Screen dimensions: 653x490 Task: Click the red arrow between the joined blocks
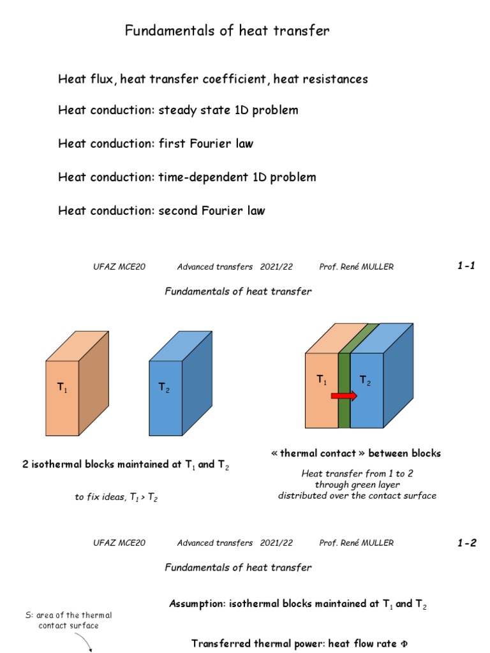[344, 396]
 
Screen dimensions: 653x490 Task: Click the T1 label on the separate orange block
[63, 388]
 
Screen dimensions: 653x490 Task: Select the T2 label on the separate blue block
[165, 388]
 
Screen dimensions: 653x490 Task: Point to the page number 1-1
[466, 267]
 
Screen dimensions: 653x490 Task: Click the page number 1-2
[466, 543]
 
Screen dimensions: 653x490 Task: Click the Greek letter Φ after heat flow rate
[403, 644]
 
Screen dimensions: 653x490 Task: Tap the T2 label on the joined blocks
[365, 381]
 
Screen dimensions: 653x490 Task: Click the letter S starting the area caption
[23, 615]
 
